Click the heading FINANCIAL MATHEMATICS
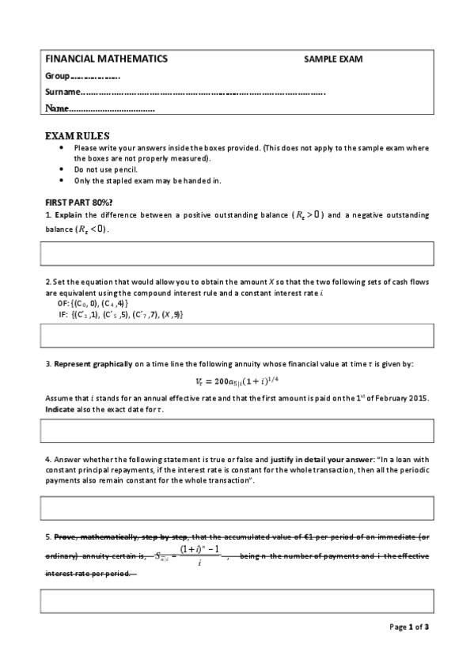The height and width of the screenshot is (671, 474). tap(106, 59)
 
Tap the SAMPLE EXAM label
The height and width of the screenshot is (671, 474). tap(333, 59)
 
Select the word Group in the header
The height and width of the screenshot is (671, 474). tap(58, 76)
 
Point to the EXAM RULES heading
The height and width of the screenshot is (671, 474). tap(78, 135)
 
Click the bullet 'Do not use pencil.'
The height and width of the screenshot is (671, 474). tap(105, 169)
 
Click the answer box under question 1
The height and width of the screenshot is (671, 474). tap(237, 253)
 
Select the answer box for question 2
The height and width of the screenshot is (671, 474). tap(237, 335)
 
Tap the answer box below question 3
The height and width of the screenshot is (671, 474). tap(237, 430)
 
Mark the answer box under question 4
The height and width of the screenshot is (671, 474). tap(237, 508)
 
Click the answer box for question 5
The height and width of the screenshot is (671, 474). tap(237, 602)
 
